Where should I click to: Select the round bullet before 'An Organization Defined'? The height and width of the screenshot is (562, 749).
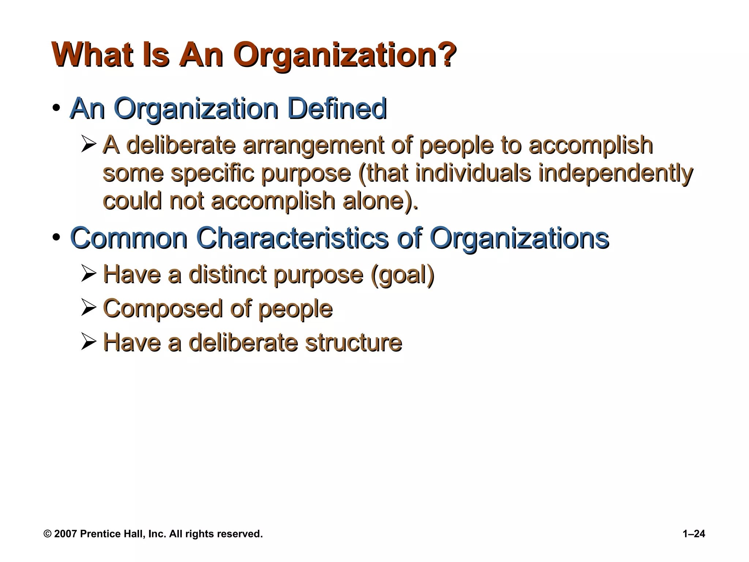click(x=56, y=108)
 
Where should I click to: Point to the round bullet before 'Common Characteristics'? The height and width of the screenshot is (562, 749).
click(x=56, y=238)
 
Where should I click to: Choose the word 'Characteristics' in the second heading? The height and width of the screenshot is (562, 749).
click(x=292, y=238)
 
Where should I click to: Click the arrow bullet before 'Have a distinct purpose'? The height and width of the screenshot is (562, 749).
click(x=89, y=273)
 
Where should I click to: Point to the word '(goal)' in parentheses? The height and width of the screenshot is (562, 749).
click(x=402, y=274)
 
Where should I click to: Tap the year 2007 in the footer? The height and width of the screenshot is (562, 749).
click(x=65, y=534)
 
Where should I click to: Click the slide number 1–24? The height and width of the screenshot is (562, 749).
click(x=694, y=534)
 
